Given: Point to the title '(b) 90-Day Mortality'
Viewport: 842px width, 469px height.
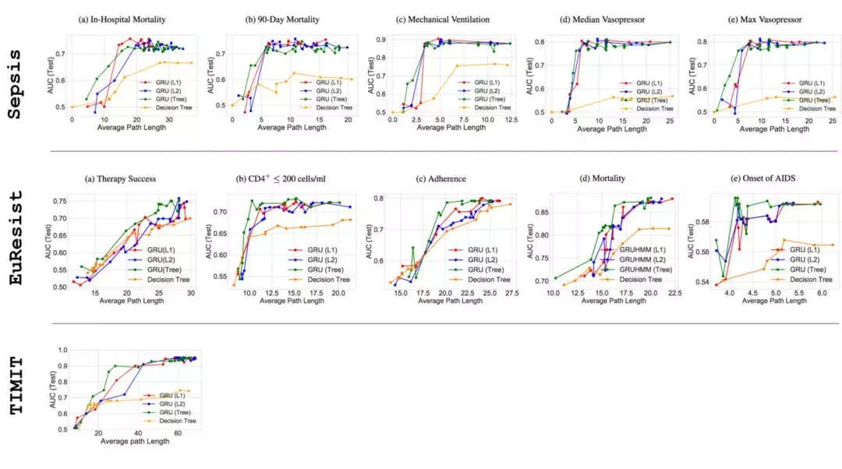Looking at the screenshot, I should click(x=285, y=18).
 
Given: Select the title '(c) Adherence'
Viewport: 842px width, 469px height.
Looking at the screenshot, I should click(x=441, y=178).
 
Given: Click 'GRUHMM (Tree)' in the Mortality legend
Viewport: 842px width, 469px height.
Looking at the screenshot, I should click(x=640, y=270).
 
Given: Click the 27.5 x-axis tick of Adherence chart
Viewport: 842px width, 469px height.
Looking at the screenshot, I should click(x=511, y=293).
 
